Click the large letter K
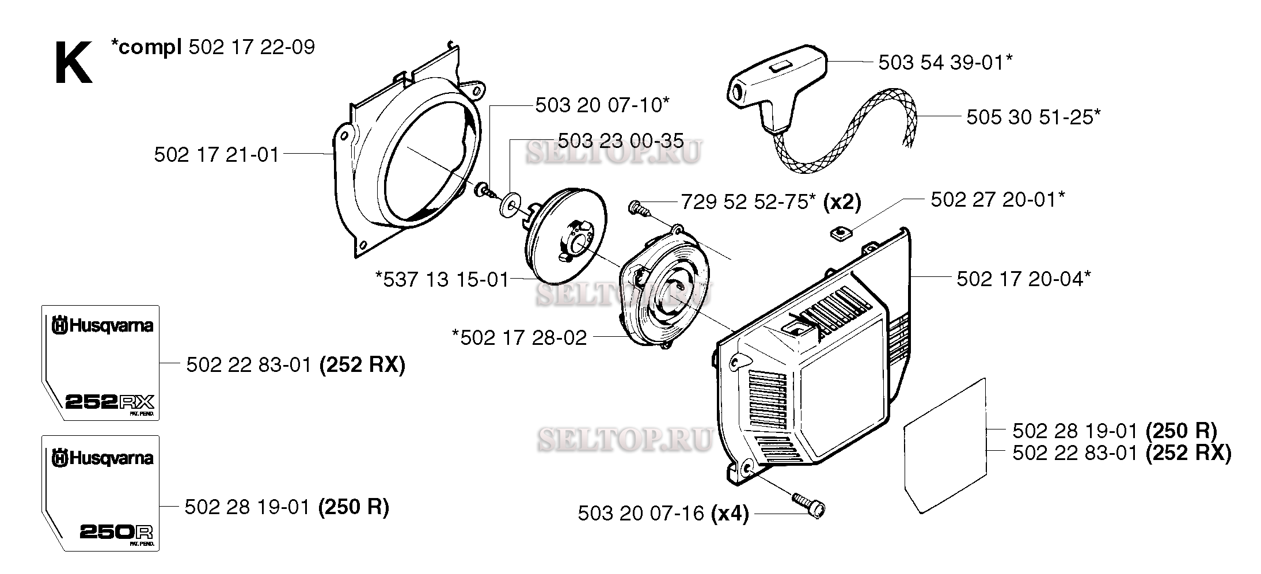click(x=73, y=64)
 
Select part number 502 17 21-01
click(x=217, y=155)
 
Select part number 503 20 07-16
click(x=641, y=513)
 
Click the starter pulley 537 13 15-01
click(x=564, y=235)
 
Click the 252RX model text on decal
click(x=109, y=401)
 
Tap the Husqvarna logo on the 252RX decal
click(x=102, y=326)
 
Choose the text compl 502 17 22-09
click(x=213, y=47)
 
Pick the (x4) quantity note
click(x=730, y=513)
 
